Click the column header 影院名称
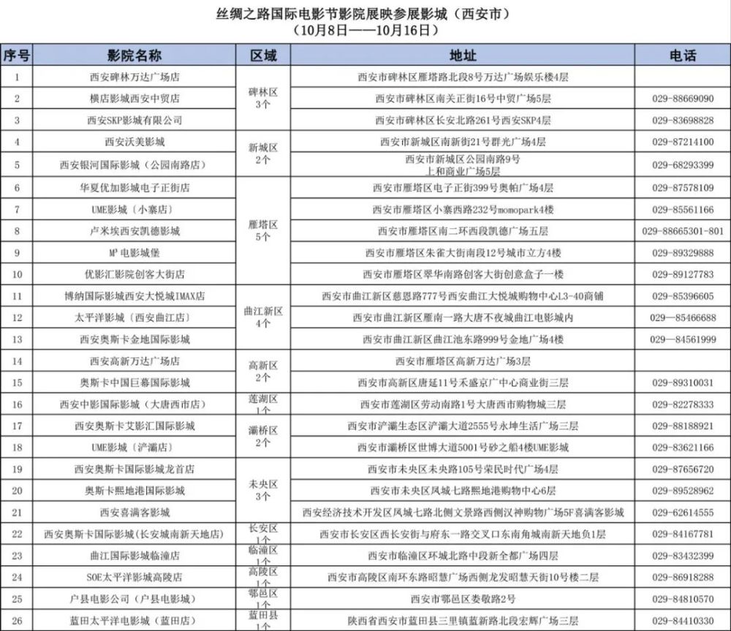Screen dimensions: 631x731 coord(135,56)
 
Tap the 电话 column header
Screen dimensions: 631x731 coord(682,56)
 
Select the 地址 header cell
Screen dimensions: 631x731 coord(463,56)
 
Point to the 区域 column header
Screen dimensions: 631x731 coord(263,56)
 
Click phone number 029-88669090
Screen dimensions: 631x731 coord(682,98)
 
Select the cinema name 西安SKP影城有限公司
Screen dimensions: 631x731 coord(135,120)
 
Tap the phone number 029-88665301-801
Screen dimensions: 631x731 coord(682,231)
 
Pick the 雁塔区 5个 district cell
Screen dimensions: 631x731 coord(263,231)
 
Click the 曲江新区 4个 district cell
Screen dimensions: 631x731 coord(263,317)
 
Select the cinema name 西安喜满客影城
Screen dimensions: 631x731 coord(135,513)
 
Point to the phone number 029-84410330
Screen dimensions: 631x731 coord(682,621)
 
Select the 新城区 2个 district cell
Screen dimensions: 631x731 coord(263,154)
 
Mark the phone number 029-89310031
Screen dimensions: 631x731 coord(682,382)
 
